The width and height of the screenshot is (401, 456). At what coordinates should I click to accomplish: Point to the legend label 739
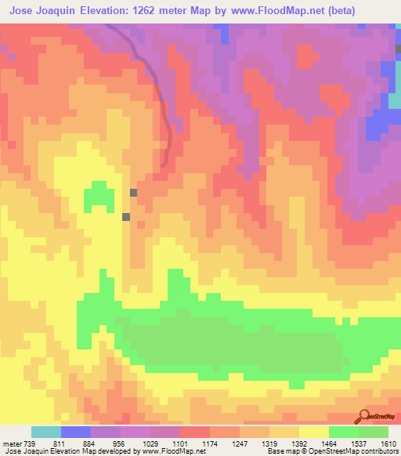pos(31,443)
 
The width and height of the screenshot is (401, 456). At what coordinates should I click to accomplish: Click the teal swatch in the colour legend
pos(46,432)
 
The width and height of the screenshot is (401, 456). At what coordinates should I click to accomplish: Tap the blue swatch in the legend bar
pos(76,432)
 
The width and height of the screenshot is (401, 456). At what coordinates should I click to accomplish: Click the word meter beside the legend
pos(13,443)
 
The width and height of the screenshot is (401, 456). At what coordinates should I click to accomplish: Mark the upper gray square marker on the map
pos(134,192)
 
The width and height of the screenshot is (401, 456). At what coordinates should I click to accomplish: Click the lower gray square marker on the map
pos(126,217)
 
